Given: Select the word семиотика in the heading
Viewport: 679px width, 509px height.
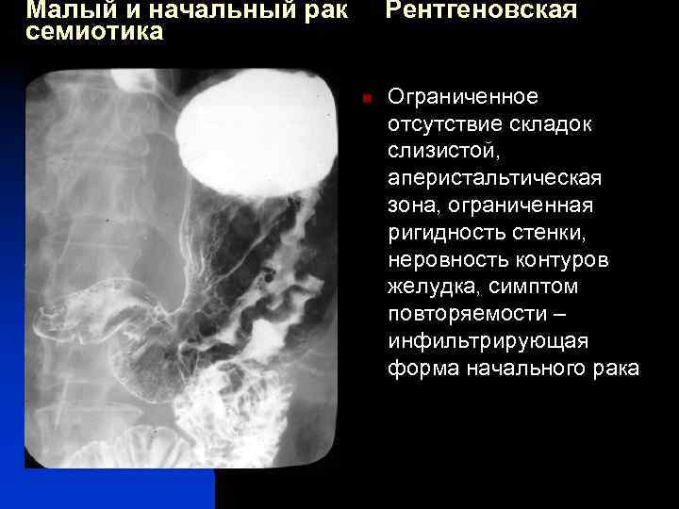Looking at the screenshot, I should [94, 32].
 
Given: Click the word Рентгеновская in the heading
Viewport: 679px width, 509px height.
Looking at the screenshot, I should [481, 10].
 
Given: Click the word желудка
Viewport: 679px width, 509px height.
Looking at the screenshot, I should [426, 286].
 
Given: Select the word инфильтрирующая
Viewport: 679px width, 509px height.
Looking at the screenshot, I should [487, 340].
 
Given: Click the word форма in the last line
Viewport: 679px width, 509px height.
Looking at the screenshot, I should [422, 368].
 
